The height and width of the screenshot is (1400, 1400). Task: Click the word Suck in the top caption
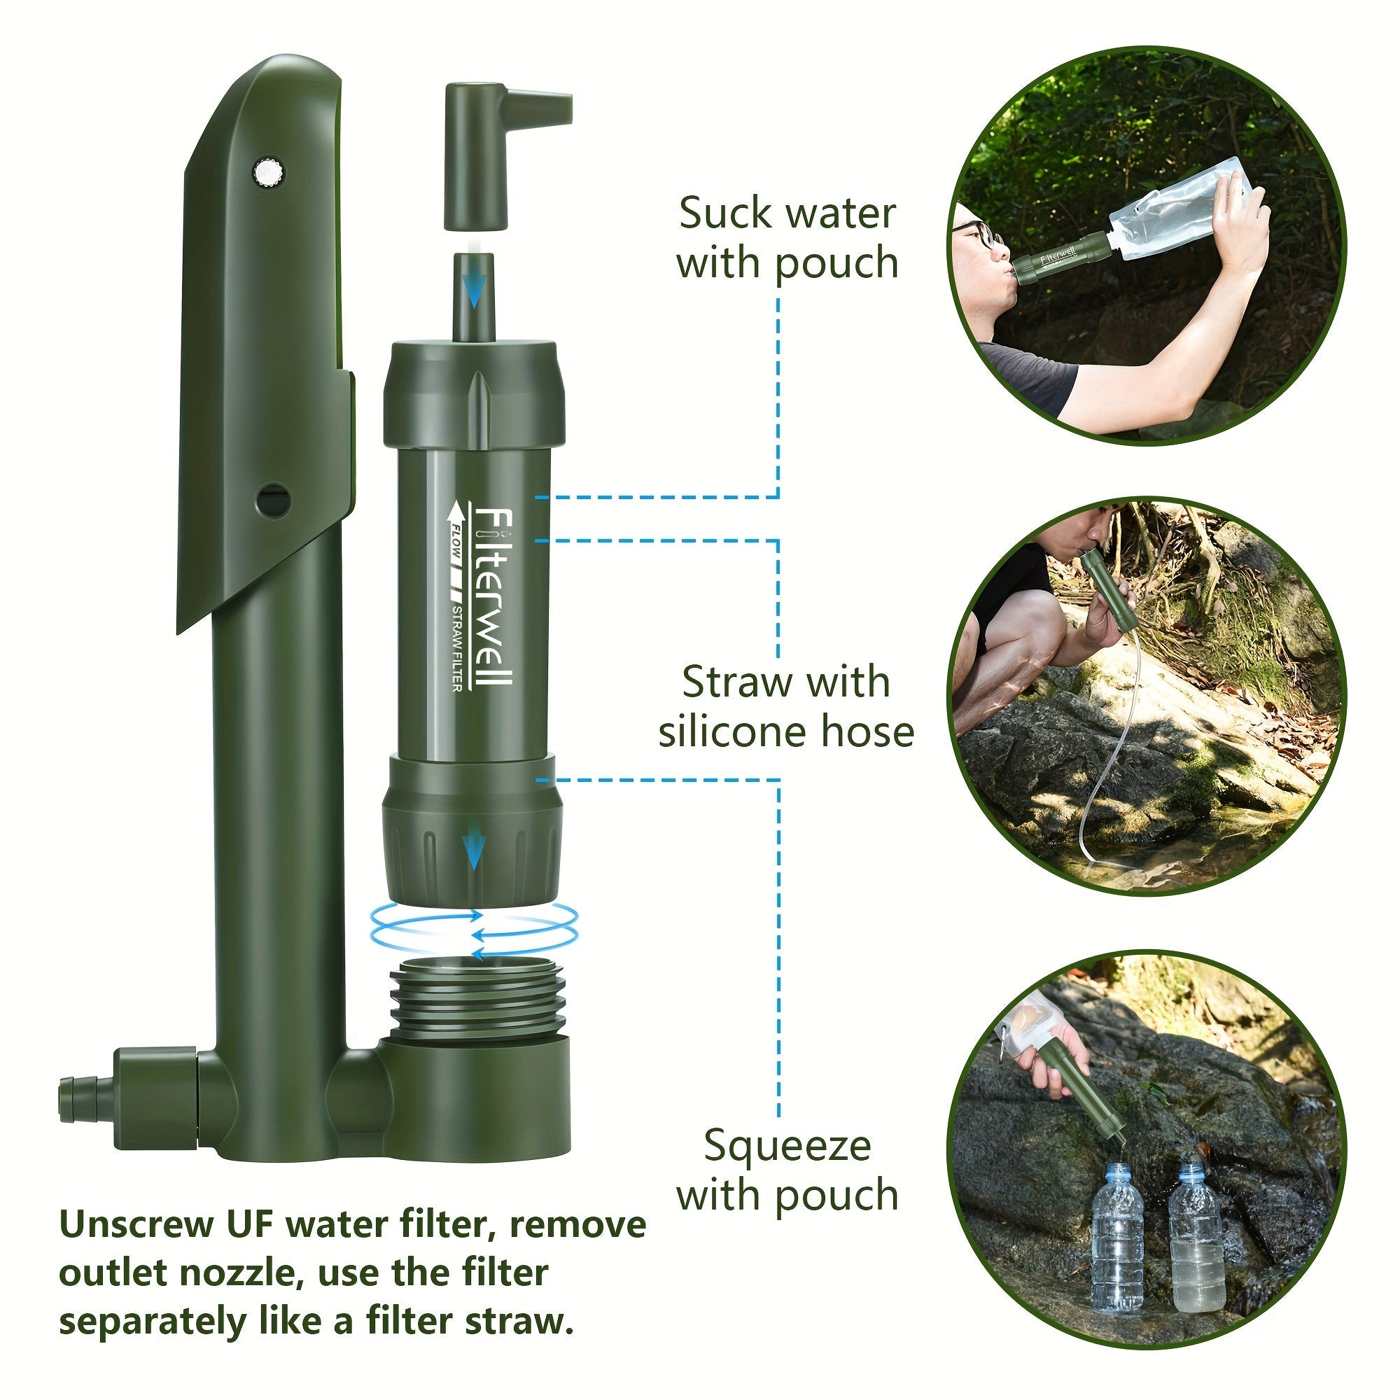click(727, 213)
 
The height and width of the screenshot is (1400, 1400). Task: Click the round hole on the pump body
click(274, 499)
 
